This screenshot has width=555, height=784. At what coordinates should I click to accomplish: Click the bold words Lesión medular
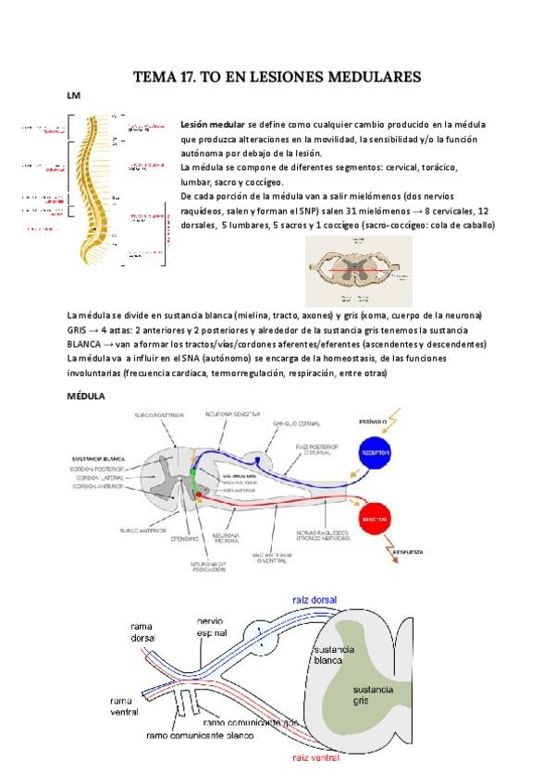[213, 124]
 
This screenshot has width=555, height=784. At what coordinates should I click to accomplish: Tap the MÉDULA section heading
[86, 396]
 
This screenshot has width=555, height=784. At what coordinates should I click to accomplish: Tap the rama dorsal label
[142, 632]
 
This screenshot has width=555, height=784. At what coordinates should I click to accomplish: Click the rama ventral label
[124, 706]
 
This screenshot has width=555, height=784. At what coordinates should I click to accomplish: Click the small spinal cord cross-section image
[359, 270]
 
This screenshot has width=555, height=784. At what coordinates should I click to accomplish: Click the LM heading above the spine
[73, 95]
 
